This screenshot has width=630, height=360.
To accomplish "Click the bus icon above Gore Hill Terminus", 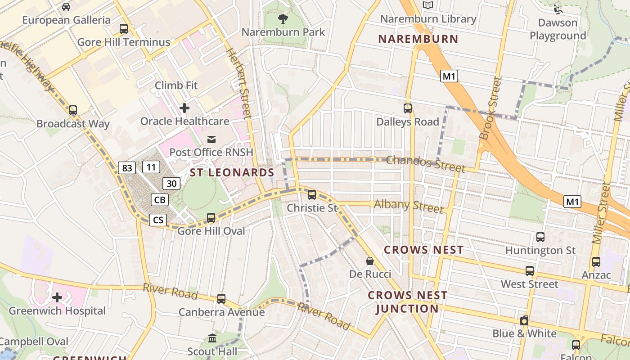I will pos(124,29).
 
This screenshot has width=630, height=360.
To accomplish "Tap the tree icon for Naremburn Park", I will pos(283,19).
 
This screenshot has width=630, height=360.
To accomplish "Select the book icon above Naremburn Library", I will pos(427,5).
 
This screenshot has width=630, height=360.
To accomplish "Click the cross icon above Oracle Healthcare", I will pos(184,108).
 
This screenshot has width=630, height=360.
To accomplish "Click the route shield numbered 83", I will pos(127,168).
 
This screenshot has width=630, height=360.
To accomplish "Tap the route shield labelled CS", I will pos(158,220).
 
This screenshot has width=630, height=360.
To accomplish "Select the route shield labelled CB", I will pos(160,200).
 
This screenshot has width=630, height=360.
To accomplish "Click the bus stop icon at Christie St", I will pos(312,195).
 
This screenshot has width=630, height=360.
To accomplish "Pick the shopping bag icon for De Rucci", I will pos(370,261).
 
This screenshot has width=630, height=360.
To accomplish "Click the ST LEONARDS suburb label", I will pos(232,172).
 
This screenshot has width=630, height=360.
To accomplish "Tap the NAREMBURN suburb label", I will pos(418,39).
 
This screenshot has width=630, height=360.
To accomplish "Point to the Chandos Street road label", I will pos(425,164).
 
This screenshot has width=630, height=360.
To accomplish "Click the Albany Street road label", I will pos(409,206).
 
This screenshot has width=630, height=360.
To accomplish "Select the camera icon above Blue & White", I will pos(524,321).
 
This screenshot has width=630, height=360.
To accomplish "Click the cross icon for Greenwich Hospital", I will pos(57,297).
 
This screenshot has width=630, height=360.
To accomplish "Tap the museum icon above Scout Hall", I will pos(212,338).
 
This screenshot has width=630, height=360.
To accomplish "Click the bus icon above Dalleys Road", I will pos(408,108).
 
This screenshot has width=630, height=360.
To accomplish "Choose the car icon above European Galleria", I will pos(66,7).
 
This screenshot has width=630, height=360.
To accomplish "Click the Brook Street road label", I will pos(490,108).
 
